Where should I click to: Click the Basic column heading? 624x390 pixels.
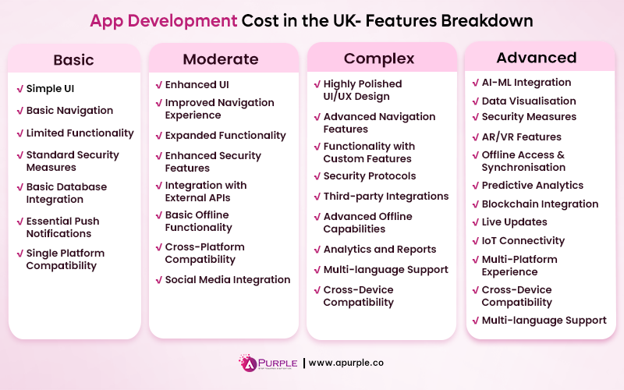click(x=73, y=60)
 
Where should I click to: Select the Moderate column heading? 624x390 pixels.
click(x=221, y=59)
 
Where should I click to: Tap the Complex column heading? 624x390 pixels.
click(x=381, y=58)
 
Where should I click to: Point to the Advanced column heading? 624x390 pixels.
click(x=537, y=58)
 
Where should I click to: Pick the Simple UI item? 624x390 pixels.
click(x=50, y=89)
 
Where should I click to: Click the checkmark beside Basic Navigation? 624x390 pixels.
click(x=19, y=111)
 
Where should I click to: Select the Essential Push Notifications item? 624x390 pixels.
click(x=62, y=227)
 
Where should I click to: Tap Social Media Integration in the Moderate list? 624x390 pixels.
click(x=227, y=280)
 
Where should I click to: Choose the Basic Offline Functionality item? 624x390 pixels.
click(x=198, y=222)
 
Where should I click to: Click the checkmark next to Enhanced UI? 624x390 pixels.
click(x=158, y=84)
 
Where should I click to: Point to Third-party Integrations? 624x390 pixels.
click(x=385, y=197)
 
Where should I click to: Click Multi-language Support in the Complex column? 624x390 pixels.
click(x=385, y=270)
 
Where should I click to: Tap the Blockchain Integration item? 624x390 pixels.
click(x=540, y=204)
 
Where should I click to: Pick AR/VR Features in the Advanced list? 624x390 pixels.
click(x=521, y=137)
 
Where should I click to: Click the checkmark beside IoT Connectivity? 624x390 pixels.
click(x=475, y=241)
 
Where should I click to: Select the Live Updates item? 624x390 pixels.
click(x=514, y=222)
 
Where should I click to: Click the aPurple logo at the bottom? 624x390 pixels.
click(x=268, y=363)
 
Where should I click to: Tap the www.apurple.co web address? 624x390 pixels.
click(x=346, y=363)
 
